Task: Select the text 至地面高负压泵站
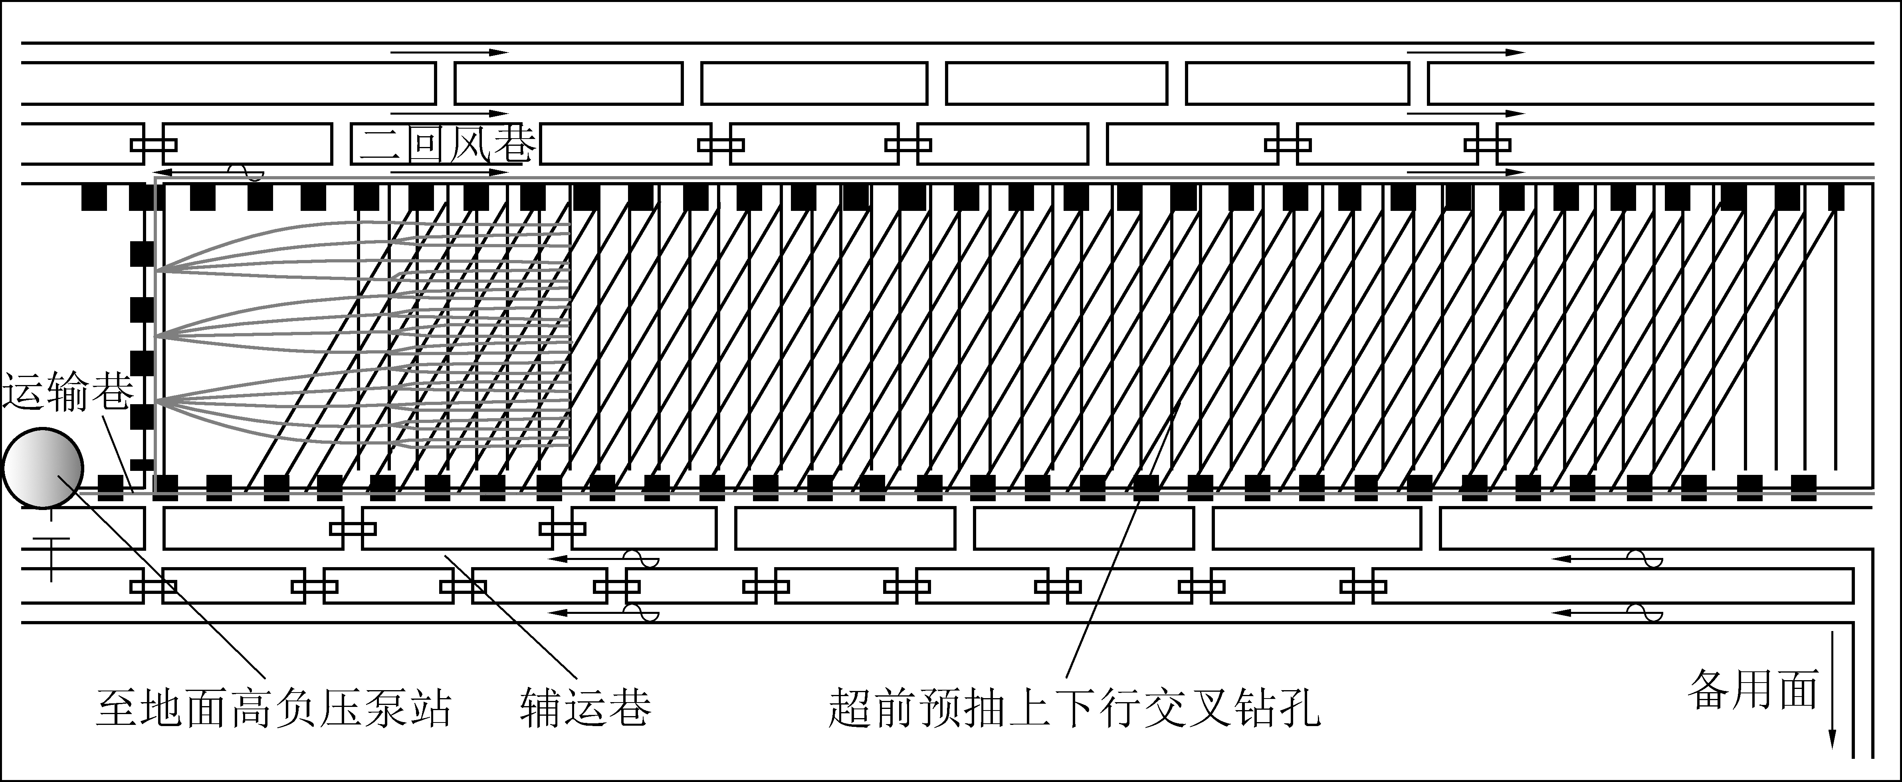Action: pos(274,707)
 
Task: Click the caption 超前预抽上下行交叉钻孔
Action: pos(1074,707)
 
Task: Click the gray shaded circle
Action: pos(43,467)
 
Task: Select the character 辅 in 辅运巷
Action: pos(542,707)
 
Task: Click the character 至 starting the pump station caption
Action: pos(118,707)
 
